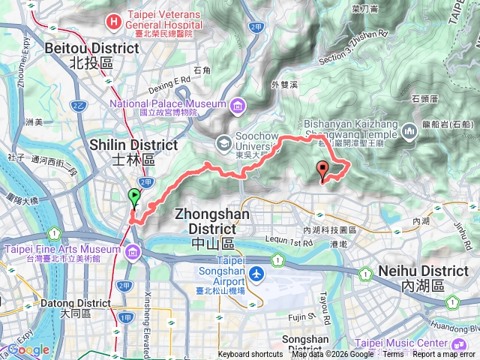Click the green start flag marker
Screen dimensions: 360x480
[x=135, y=197]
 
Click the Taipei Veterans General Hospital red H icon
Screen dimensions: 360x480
[x=113, y=19]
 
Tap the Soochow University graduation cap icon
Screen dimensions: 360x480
[x=223, y=142]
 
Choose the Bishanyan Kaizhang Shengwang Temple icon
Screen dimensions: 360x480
[x=409, y=133]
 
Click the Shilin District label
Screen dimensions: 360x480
[x=133, y=145]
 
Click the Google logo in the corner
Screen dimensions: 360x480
[x=28, y=349]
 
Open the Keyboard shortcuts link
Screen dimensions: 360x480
[x=250, y=355]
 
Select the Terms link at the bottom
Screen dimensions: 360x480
[x=392, y=355]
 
